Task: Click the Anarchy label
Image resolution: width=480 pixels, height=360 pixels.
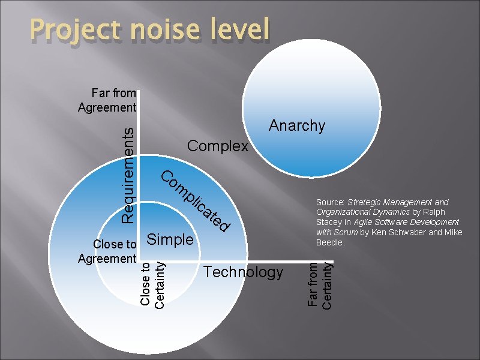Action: point(297,125)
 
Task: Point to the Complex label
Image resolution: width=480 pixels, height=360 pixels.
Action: point(218,146)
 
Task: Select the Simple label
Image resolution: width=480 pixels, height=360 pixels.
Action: point(170,239)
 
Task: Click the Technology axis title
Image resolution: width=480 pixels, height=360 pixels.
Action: point(244,272)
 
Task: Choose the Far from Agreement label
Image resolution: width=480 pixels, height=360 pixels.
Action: point(107,100)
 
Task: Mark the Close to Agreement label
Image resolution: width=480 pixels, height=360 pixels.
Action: point(107,251)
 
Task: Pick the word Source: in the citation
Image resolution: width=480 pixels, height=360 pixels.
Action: point(331,202)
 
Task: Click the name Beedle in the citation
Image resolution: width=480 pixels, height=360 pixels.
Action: point(329,242)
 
